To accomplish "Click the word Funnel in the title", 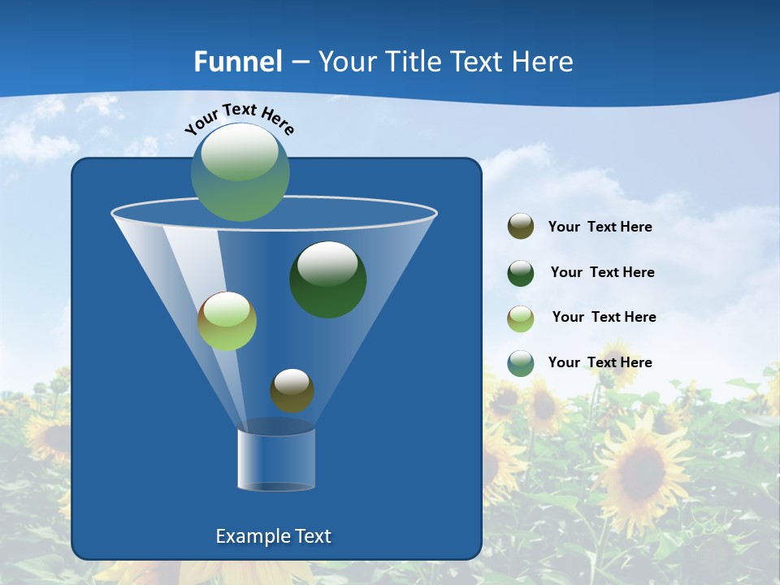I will point(237,62).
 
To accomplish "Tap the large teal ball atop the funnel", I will point(240,172).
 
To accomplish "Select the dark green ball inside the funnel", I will point(328,279).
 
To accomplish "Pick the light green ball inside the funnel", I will point(227,321).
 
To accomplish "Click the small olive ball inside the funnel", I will point(292,390).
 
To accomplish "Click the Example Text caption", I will point(273,536).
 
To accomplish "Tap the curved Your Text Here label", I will point(239,119).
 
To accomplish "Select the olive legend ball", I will point(521,227).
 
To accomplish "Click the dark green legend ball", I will point(521,273).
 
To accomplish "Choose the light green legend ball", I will point(521,318).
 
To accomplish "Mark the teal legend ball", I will point(521,363).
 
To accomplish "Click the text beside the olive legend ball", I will point(600,227).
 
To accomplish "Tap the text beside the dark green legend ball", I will point(602,273).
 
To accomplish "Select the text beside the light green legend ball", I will point(604,318).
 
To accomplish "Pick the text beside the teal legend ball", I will point(600,363).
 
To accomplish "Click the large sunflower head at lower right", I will point(642,471).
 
